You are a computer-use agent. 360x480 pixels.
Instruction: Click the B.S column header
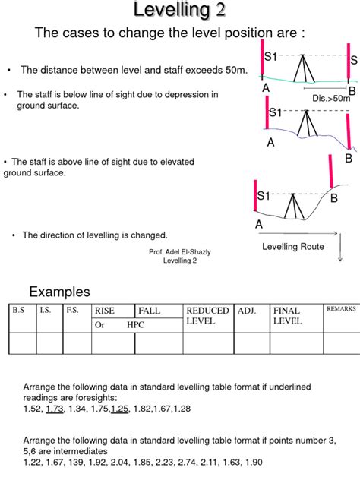click(x=18, y=310)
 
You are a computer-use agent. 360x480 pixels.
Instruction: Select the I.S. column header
click(x=45, y=310)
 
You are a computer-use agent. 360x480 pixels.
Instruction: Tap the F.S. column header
click(x=72, y=310)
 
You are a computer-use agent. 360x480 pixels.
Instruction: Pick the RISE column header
click(x=104, y=311)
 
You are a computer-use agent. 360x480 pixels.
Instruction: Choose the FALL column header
click(x=149, y=311)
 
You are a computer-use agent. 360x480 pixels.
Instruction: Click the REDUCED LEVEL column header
click(x=207, y=316)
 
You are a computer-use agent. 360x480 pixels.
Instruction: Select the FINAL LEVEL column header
click(x=287, y=316)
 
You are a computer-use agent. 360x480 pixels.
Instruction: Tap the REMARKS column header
click(x=341, y=309)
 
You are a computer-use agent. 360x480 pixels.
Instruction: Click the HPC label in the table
click(x=135, y=325)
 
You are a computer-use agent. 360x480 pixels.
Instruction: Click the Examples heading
click(x=59, y=292)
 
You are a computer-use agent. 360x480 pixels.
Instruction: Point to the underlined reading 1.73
click(x=55, y=409)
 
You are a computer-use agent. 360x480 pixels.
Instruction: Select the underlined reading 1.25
click(x=120, y=409)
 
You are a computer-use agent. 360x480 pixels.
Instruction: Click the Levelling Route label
click(x=293, y=246)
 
